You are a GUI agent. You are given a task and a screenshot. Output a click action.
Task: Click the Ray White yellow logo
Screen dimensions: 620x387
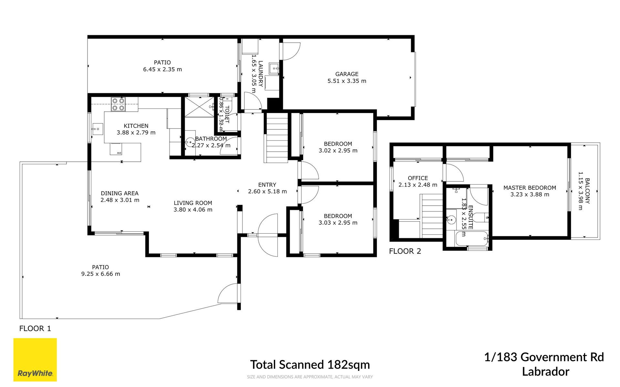tap(35, 360)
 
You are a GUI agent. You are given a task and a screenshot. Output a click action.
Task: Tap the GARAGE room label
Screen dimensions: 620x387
tap(347, 74)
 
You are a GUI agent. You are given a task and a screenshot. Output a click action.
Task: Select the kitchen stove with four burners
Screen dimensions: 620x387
tap(118, 104)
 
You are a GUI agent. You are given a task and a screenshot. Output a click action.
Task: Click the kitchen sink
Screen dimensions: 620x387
tap(97, 129)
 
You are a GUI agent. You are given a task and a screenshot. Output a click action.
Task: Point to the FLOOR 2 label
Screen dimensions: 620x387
tap(405, 251)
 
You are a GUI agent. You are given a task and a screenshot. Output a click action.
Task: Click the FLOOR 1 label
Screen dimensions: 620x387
tap(35, 329)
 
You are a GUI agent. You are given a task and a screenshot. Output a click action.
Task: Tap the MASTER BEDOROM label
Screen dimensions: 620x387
tap(530, 188)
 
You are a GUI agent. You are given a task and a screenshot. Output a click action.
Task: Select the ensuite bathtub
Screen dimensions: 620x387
tap(472, 239)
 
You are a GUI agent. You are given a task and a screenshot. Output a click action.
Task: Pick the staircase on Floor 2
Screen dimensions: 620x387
tap(431, 216)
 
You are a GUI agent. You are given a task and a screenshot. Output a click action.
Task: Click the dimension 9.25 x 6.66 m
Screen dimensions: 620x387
tap(100, 274)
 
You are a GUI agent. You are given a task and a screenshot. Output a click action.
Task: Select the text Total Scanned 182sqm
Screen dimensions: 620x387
tap(310, 365)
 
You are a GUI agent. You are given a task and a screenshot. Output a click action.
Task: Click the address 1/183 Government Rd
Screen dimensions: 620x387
tap(544, 357)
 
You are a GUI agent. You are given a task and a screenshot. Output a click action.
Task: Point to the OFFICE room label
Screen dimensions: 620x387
tap(418, 178)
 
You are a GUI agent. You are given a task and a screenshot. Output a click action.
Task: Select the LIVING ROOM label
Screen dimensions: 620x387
tap(193, 203)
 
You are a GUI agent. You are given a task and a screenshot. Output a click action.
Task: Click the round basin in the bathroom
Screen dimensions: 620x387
tap(190, 142)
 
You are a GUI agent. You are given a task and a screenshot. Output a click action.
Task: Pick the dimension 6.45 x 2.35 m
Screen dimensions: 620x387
tap(162, 69)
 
